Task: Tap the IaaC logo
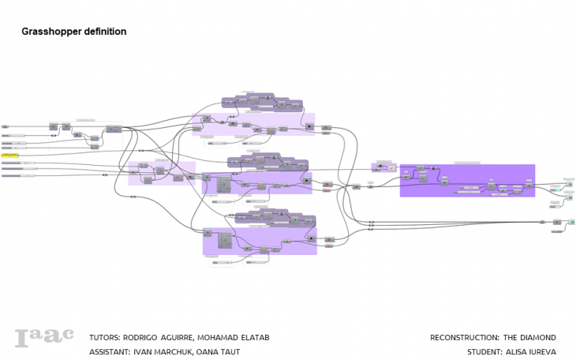[45, 338]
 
